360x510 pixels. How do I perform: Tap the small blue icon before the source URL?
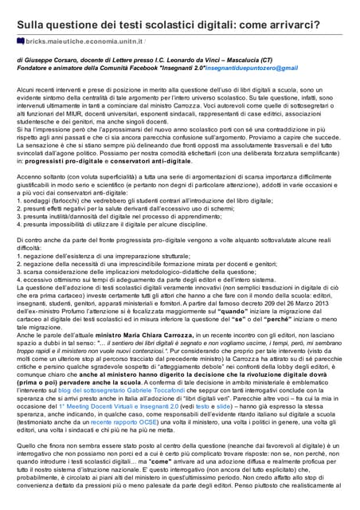20,38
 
